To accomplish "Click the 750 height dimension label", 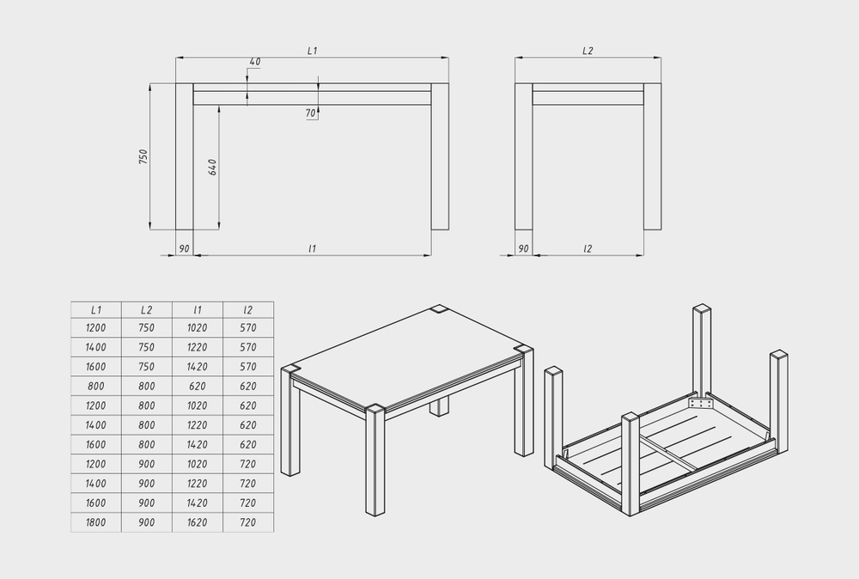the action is (x=143, y=156).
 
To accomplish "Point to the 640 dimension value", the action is (x=212, y=167).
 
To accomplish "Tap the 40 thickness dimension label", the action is (x=255, y=62).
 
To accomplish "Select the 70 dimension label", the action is (x=311, y=113).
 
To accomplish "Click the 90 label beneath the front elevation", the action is (x=184, y=248).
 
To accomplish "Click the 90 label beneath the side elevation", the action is (x=523, y=248).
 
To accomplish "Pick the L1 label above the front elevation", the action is (x=313, y=51).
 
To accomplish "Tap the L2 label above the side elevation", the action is (x=588, y=51).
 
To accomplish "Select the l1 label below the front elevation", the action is (x=313, y=248).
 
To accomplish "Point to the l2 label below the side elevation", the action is (x=588, y=248).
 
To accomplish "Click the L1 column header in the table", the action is (x=96, y=310).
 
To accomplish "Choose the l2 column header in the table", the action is (x=248, y=310).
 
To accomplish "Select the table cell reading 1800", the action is (x=96, y=522).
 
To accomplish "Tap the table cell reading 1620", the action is (x=198, y=522).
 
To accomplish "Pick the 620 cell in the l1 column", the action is (x=198, y=387).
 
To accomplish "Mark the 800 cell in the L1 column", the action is (x=96, y=387).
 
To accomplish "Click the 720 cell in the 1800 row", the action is (x=248, y=522).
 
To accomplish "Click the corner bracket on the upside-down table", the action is (x=701, y=403).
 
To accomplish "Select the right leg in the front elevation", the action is (x=440, y=156).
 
